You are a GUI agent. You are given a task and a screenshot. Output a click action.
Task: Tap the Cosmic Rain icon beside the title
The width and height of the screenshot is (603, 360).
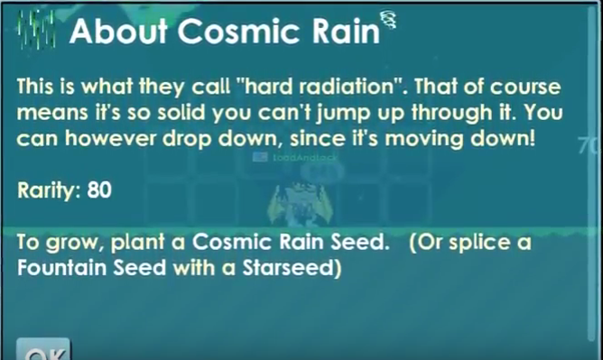point(35,32)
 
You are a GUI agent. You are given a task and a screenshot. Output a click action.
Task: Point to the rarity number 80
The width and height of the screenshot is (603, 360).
point(100,191)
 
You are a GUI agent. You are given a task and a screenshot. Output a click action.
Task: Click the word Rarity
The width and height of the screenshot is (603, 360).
point(50,191)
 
